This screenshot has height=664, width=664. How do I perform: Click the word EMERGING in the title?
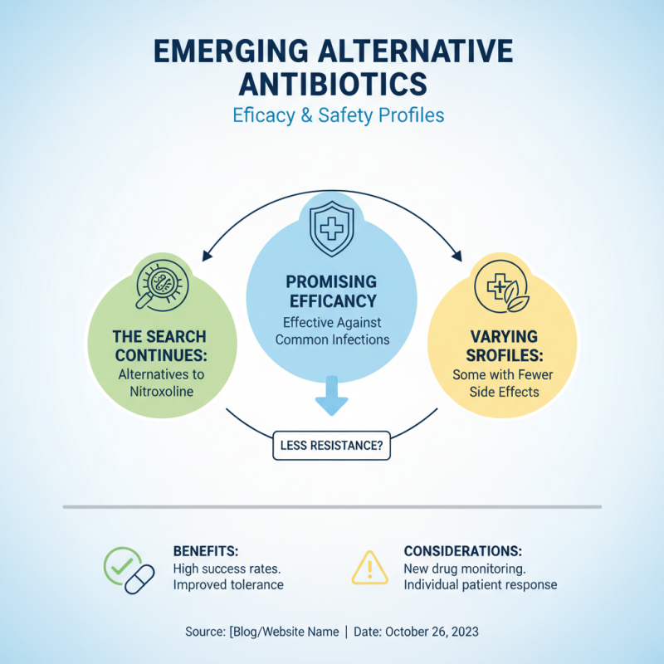pos(232,51)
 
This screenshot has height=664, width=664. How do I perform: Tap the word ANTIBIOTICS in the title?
pos(333,84)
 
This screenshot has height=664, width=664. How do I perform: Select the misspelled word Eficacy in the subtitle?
pos(264,115)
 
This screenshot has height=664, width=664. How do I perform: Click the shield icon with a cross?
pos(331,229)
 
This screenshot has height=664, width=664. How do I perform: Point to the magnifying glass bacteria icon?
pos(162,285)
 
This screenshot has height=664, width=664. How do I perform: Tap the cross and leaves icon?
pos(503,286)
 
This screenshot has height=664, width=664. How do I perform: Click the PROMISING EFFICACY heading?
pos(332,291)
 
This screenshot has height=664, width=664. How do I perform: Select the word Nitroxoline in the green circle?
pos(161,391)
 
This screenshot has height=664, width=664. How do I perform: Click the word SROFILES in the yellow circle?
pos(505,356)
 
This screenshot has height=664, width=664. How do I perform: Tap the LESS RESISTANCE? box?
pos(331,446)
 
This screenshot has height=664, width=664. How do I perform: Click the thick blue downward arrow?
pos(331,395)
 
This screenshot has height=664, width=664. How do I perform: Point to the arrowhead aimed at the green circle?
pos(206,256)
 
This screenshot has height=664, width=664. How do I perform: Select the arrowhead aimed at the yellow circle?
pos(457,256)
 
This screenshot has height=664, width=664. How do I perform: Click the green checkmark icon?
pos(122,566)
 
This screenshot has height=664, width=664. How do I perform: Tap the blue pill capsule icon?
pos(139,579)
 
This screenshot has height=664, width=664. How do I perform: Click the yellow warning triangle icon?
pos(369,568)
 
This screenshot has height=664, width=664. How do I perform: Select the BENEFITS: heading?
pos(206,551)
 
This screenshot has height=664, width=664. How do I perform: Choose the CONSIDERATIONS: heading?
pos(463,551)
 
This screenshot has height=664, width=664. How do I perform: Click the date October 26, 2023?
pos(432,632)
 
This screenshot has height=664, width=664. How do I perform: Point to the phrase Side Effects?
pos(505,392)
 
